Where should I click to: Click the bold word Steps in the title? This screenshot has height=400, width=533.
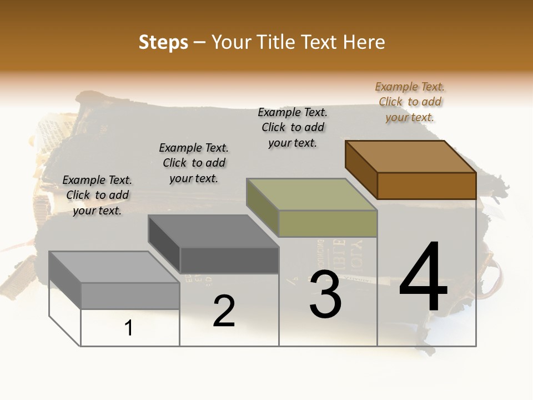163,43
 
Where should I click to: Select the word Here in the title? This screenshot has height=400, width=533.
364,42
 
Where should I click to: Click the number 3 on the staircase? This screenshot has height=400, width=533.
325,294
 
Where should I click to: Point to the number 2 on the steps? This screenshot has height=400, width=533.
224,311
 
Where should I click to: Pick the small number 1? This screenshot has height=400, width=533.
129,328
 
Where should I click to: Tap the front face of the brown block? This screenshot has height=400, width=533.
426,186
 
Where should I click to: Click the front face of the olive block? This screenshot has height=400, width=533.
328,223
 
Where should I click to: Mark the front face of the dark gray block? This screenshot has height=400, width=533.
229,260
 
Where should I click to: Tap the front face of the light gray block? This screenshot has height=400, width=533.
130,296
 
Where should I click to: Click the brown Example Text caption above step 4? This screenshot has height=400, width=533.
410,102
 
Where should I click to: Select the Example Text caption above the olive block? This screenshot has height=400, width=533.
293,127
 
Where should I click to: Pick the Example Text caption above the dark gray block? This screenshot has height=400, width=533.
194,163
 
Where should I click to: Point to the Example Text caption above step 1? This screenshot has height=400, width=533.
97,195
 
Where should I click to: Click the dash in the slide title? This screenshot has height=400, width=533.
200,43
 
